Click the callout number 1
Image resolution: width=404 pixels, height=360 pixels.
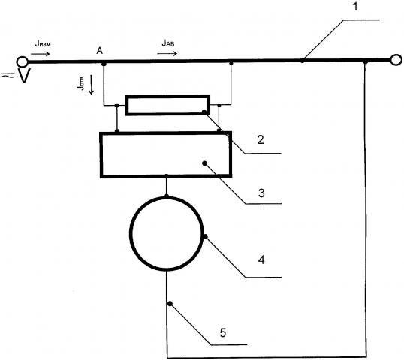tap(355, 7)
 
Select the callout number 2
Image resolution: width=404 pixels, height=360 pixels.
tap(261, 139)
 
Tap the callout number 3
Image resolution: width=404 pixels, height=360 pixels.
tap(261, 193)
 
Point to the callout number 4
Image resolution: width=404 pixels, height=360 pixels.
tap(261, 260)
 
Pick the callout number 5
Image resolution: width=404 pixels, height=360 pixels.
tap(223, 332)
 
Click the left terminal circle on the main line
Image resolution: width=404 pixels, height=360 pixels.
tap(23, 61)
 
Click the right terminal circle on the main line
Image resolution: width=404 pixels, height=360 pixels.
tap(396, 60)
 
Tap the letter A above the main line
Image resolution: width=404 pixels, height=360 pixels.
tap(99, 51)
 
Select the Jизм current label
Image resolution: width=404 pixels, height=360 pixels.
tap(43, 44)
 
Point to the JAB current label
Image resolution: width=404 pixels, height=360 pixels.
tap(168, 43)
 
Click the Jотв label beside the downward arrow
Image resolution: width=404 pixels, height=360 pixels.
tap(80, 83)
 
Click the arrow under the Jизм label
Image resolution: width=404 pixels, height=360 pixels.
tap(41, 54)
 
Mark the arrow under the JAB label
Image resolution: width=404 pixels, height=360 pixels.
tap(167, 53)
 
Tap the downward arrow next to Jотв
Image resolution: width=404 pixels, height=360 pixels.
tap(91, 85)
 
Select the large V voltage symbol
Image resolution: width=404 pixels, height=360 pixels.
tap(24, 76)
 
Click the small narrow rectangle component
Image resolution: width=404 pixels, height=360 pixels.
tap(167, 105)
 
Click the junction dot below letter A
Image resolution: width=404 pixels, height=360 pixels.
tap(104, 64)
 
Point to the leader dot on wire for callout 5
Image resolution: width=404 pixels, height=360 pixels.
tap(170, 304)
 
